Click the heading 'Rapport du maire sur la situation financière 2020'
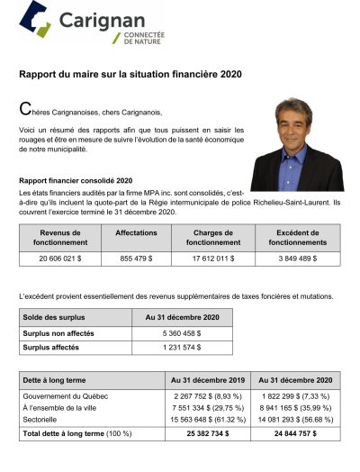point(130,73)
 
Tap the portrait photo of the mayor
point(297,143)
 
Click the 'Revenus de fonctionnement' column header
point(59,237)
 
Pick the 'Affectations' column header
point(136,232)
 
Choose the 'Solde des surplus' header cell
point(55,317)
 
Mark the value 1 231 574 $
point(180,348)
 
